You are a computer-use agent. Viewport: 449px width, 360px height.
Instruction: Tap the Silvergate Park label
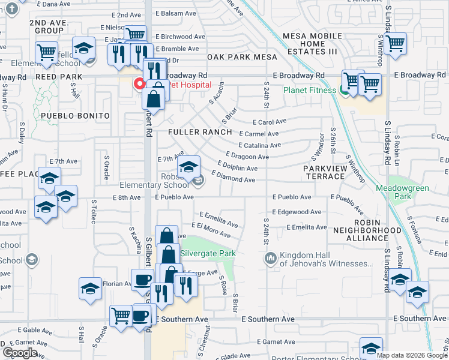[x=208, y=253]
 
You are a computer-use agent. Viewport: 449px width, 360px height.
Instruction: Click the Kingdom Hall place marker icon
[x=270, y=259]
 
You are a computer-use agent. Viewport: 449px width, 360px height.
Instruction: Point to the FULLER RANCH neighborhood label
[x=200, y=132]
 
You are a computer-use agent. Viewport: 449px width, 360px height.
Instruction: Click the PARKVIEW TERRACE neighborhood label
[x=325, y=173]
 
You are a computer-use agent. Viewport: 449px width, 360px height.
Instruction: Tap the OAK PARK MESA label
[x=242, y=57]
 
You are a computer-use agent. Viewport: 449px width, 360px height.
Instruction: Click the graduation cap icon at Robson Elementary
[x=188, y=167]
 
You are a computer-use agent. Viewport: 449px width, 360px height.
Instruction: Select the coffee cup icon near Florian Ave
[x=143, y=280]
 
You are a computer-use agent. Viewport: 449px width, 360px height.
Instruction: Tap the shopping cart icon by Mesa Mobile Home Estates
[x=394, y=43]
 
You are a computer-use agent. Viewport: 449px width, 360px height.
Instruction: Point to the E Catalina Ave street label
[x=259, y=145]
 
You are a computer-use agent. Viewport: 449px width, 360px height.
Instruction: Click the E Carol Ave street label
[x=270, y=122]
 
